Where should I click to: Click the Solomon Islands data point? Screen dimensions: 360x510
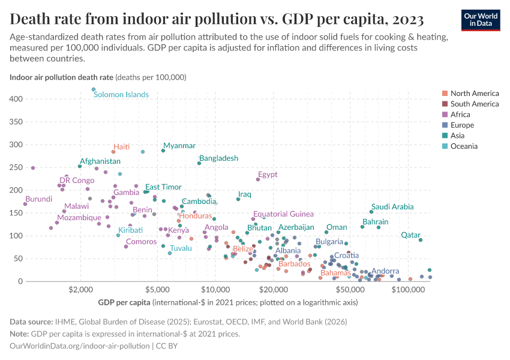(94, 89)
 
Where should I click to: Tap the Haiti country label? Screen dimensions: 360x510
(121, 146)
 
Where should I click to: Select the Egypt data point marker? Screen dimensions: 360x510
(259, 179)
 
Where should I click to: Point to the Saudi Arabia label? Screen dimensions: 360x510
(392, 206)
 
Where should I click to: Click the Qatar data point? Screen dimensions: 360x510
(421, 240)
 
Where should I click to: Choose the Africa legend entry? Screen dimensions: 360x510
(460, 115)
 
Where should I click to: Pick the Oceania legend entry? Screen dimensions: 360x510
(463, 146)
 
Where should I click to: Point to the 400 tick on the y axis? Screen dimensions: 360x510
(17, 99)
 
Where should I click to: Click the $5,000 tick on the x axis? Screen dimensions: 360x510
(158, 290)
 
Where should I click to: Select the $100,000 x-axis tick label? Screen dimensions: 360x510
(408, 290)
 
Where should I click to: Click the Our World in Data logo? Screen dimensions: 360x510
(482, 19)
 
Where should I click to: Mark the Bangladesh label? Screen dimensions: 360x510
(218, 158)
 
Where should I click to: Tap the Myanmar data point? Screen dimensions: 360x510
(163, 151)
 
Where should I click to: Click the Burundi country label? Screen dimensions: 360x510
(38, 199)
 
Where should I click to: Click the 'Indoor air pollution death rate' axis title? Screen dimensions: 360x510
(61, 77)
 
